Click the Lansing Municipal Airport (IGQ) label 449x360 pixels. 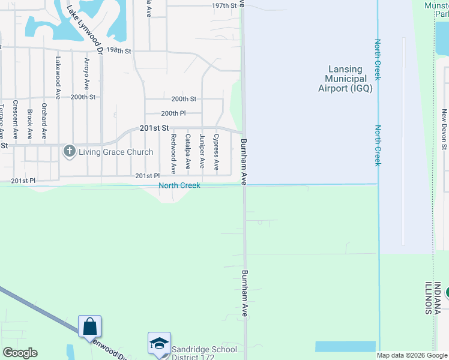[x=345, y=79]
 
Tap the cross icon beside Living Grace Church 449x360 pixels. [x=69, y=152]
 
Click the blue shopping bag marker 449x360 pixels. [x=90, y=327]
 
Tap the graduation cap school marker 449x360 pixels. [x=159, y=344]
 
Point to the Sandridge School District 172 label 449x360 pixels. [x=204, y=353]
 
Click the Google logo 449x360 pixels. [x=20, y=353]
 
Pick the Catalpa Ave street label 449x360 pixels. [x=187, y=151]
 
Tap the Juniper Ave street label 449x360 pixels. [x=202, y=151]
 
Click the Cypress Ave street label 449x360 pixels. [x=216, y=151]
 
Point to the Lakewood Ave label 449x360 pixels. [x=58, y=77]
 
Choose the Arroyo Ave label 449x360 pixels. [x=87, y=74]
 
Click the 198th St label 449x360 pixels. [x=119, y=51]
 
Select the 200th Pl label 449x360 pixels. [x=173, y=113]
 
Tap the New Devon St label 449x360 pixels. [x=445, y=128]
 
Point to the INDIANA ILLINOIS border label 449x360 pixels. [x=433, y=298]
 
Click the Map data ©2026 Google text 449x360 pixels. [x=411, y=355]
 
